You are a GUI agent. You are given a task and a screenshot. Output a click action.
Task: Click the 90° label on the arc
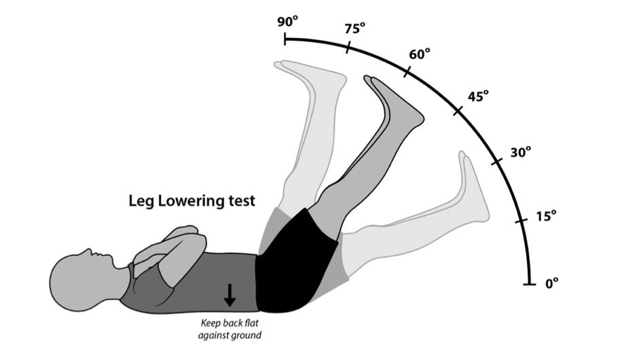point(287,21)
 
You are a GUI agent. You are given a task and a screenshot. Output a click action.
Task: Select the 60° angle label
point(420,54)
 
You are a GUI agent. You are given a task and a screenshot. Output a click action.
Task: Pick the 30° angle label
point(521,152)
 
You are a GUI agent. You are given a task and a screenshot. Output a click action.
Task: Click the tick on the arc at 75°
point(348,48)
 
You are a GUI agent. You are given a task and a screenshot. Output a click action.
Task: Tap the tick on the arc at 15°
point(521,221)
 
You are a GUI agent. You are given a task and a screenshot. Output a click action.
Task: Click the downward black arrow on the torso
point(230,294)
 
